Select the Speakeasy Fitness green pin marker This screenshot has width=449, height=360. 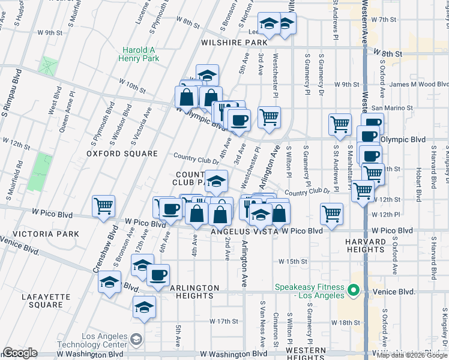pos(354,292)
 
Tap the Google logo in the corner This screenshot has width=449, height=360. pos(20,353)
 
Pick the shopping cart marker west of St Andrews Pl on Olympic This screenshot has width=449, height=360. pos(340,124)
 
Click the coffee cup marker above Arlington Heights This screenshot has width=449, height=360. pos(158,275)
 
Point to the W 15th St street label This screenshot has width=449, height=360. pos(292,262)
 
